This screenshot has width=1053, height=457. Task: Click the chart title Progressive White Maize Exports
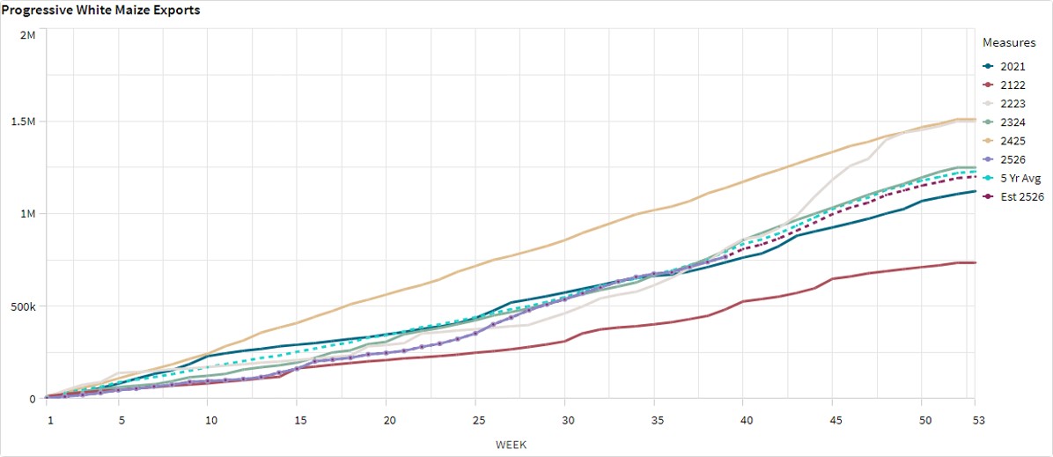tap(100, 11)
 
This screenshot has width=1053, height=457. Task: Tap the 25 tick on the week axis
tap(476, 412)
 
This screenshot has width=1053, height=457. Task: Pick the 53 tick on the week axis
tap(974, 412)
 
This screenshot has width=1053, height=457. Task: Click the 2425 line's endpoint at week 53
tap(974, 119)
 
